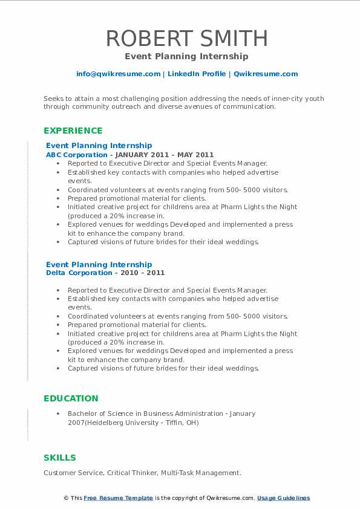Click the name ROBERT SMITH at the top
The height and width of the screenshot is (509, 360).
[187, 38]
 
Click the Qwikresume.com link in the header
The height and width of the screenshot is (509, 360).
[265, 74]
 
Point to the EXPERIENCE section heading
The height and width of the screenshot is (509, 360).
[73, 131]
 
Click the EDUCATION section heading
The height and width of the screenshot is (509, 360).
[71, 398]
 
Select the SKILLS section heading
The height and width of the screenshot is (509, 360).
[60, 458]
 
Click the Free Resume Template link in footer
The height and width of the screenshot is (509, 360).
[118, 498]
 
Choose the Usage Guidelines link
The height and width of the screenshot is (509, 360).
[283, 498]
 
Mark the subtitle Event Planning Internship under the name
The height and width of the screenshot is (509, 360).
[187, 56]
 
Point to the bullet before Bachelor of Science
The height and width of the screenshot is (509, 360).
[58, 414]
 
